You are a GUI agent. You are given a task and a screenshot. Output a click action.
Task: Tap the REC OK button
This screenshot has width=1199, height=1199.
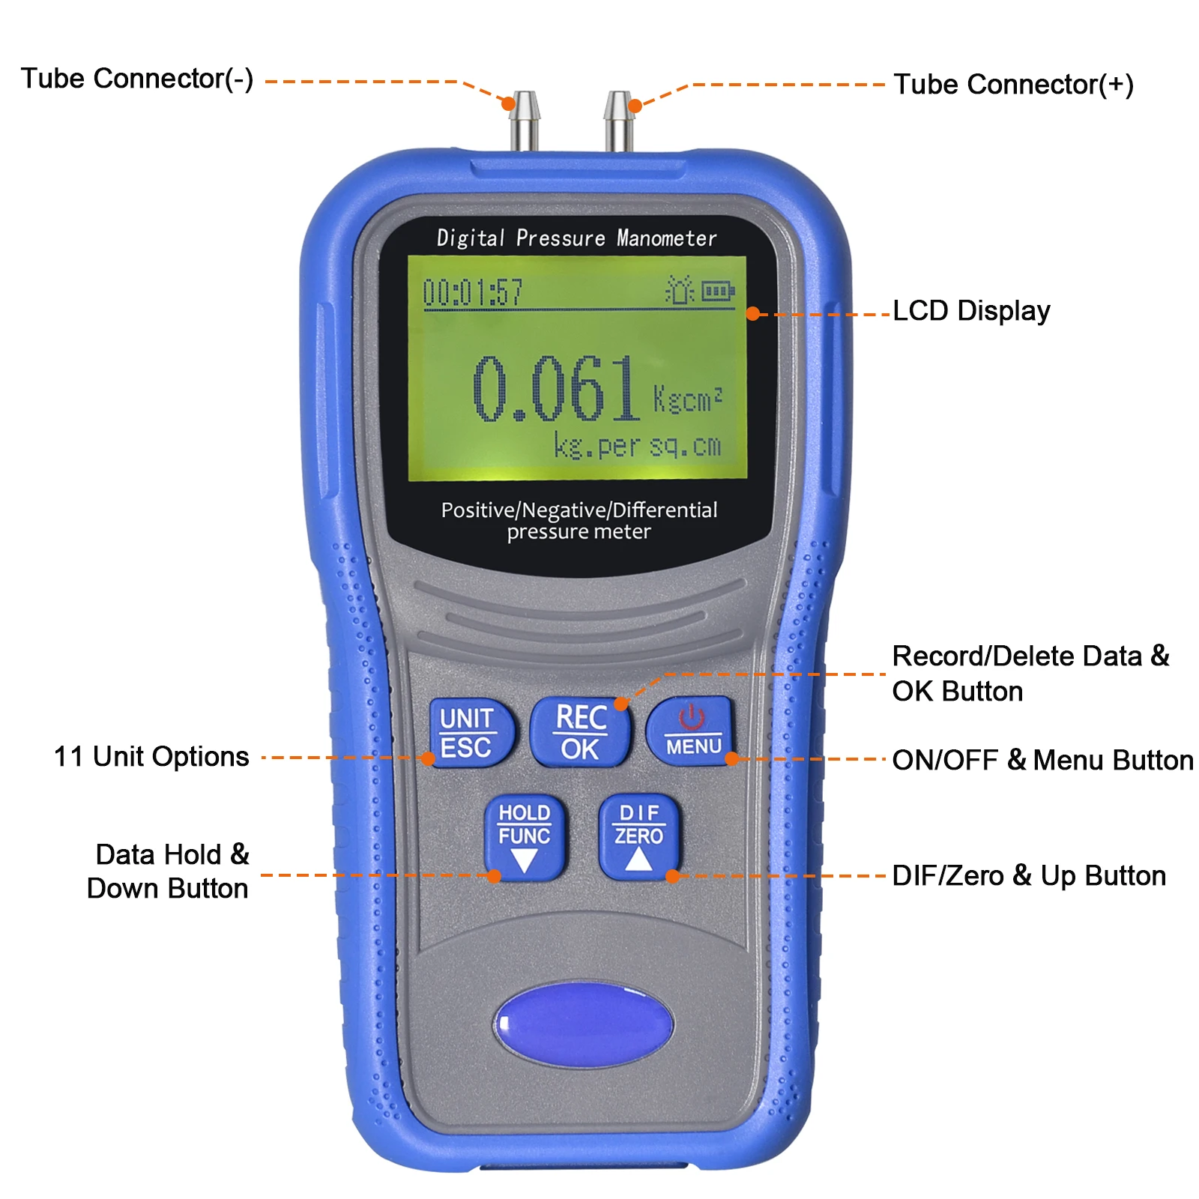pyautogui.click(x=580, y=732)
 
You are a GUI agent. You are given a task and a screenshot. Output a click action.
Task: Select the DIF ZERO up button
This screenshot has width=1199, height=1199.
pyautogui.click(x=639, y=838)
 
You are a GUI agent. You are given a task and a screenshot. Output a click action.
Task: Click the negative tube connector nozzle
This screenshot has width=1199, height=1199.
pyautogui.click(x=525, y=121)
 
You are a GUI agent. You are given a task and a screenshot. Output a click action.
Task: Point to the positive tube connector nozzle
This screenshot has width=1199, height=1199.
pyautogui.click(x=619, y=121)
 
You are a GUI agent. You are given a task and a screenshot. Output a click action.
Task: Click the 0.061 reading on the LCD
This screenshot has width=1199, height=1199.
pyautogui.click(x=555, y=388)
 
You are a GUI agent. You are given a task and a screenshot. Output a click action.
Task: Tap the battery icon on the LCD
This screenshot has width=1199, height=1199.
pyautogui.click(x=718, y=290)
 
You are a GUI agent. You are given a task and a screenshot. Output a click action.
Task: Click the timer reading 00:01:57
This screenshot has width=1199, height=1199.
pyautogui.click(x=473, y=292)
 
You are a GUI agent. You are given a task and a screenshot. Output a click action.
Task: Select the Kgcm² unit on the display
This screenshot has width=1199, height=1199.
pyautogui.click(x=687, y=399)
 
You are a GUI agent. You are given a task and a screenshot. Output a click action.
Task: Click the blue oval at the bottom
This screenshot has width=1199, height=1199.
pyautogui.click(x=584, y=1024)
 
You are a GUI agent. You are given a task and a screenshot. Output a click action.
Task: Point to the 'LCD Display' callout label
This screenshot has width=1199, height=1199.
pyautogui.click(x=971, y=311)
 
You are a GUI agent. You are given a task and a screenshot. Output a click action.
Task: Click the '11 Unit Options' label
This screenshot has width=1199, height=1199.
pyautogui.click(x=151, y=757)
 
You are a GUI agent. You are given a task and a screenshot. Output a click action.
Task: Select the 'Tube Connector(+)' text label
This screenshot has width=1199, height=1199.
pyautogui.click(x=1013, y=84)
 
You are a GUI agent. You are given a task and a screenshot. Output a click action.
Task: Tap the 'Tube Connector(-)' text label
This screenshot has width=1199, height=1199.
pyautogui.click(x=137, y=78)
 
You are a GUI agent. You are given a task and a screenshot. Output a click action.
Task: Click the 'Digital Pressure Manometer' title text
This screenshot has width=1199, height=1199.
pyautogui.click(x=576, y=238)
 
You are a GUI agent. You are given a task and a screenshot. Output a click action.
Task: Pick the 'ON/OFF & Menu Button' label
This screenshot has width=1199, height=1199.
pyautogui.click(x=1042, y=760)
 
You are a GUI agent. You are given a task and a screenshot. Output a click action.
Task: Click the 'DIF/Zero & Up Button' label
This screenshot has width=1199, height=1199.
pyautogui.click(x=1029, y=876)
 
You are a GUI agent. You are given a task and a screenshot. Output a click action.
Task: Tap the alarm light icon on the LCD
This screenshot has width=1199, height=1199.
pyautogui.click(x=680, y=289)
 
